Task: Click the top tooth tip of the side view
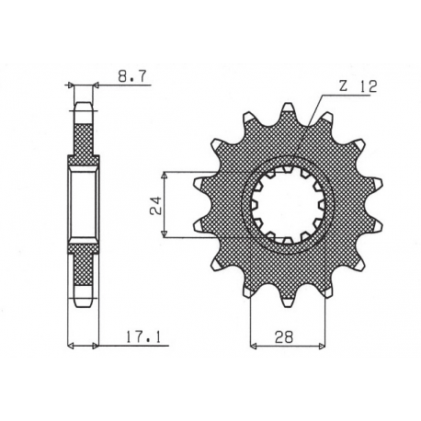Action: [84, 104]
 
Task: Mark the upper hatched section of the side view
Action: [84, 138]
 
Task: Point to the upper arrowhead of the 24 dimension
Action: [165, 175]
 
